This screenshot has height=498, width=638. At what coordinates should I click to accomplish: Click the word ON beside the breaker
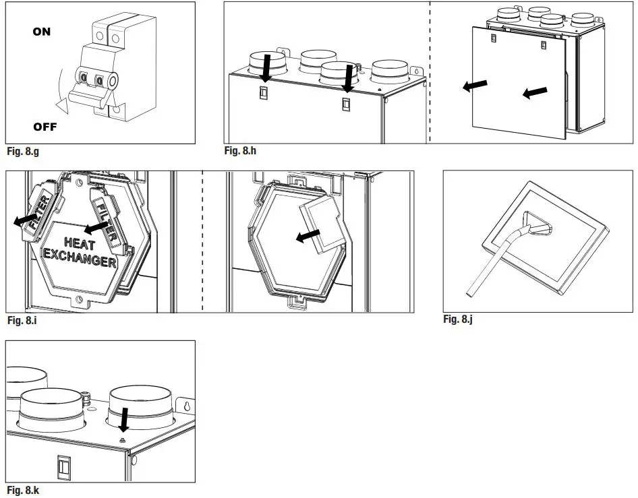click(41, 32)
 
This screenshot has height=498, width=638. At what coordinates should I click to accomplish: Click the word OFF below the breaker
click(45, 127)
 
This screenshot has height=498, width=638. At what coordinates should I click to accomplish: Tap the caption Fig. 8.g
click(23, 152)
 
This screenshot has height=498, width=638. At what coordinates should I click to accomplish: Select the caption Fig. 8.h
click(240, 151)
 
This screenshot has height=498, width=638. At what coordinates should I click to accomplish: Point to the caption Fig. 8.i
click(22, 321)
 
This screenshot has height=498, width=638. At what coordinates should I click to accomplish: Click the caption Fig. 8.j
click(457, 319)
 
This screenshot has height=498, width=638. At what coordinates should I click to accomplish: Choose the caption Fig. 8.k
click(23, 490)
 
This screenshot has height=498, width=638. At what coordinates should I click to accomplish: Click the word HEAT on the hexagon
click(80, 243)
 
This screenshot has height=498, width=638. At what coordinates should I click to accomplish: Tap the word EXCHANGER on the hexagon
click(80, 259)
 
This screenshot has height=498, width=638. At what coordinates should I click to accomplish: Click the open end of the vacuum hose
click(469, 294)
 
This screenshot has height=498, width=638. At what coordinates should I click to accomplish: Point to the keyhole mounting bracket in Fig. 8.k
click(186, 406)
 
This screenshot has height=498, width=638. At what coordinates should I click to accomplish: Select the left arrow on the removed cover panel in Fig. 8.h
click(476, 86)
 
